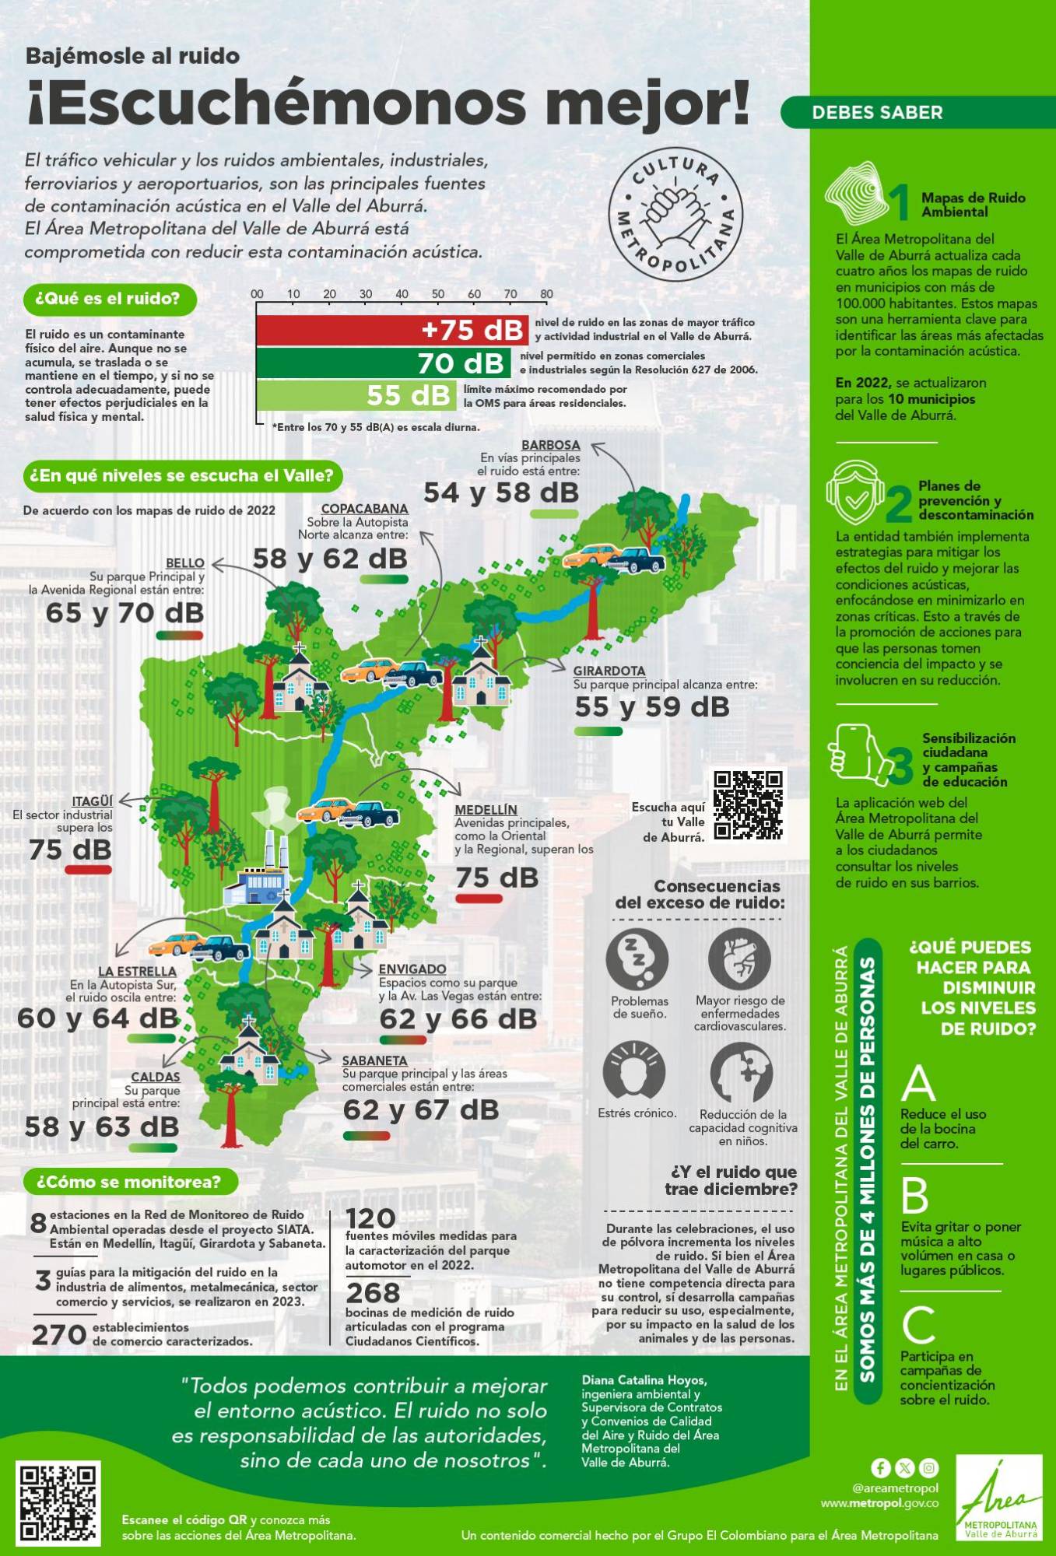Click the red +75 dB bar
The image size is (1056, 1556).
392,330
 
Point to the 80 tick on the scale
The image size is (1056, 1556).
546,294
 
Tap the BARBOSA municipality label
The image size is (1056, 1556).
550,445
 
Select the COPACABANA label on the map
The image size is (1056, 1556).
364,509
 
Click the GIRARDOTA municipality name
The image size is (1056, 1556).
609,671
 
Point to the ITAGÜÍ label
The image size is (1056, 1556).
92,801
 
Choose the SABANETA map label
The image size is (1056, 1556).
374,1060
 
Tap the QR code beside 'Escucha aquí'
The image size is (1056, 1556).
748,805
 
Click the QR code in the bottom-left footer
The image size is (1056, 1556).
58,1502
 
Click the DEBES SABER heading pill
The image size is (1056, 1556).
877,113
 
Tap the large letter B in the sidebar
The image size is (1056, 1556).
915,1196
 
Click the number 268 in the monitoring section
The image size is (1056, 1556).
373,1293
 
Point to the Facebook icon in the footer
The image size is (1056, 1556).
880,1467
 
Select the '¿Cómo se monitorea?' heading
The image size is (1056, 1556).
129,1182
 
